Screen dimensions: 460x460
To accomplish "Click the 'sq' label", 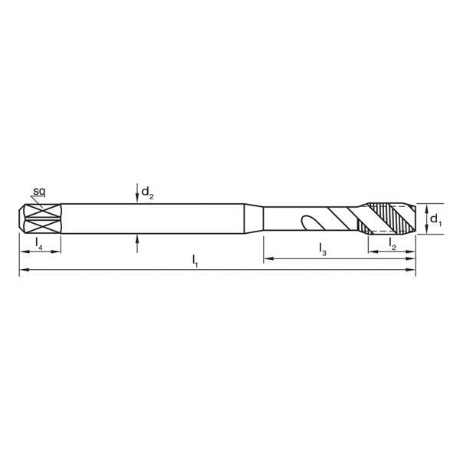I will click(38, 190).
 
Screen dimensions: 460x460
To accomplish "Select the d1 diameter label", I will click(435, 220).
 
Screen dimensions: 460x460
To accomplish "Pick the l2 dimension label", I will click(393, 245).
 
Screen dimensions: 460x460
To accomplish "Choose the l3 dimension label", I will click(324, 249).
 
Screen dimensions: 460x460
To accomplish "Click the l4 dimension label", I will click(38, 245).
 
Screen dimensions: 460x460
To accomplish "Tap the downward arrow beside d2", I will click(136, 195).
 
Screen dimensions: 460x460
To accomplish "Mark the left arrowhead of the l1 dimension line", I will click(23, 270).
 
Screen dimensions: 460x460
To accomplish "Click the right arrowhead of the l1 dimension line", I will click(412, 270).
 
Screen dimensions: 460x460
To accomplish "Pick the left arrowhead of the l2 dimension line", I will click(372, 252).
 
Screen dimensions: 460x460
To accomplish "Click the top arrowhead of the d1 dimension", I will click(422, 205).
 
